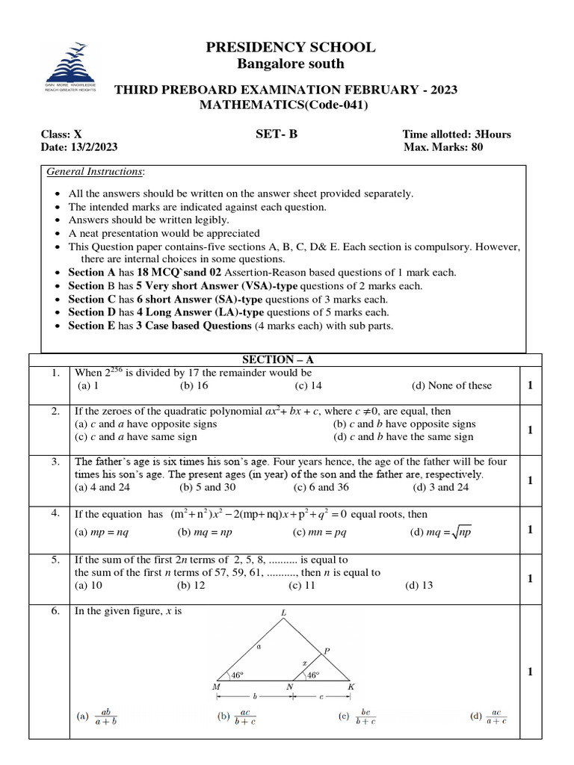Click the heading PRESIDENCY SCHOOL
click(291, 48)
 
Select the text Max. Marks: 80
click(442, 147)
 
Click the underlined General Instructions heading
click(96, 172)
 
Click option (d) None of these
click(451, 385)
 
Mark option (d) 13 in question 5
click(419, 586)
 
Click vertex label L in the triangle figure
click(283, 613)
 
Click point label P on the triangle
click(327, 651)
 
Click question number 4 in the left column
click(55, 513)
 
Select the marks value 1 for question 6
click(529, 672)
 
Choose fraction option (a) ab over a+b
click(98, 716)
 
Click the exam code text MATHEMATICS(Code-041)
click(283, 105)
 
